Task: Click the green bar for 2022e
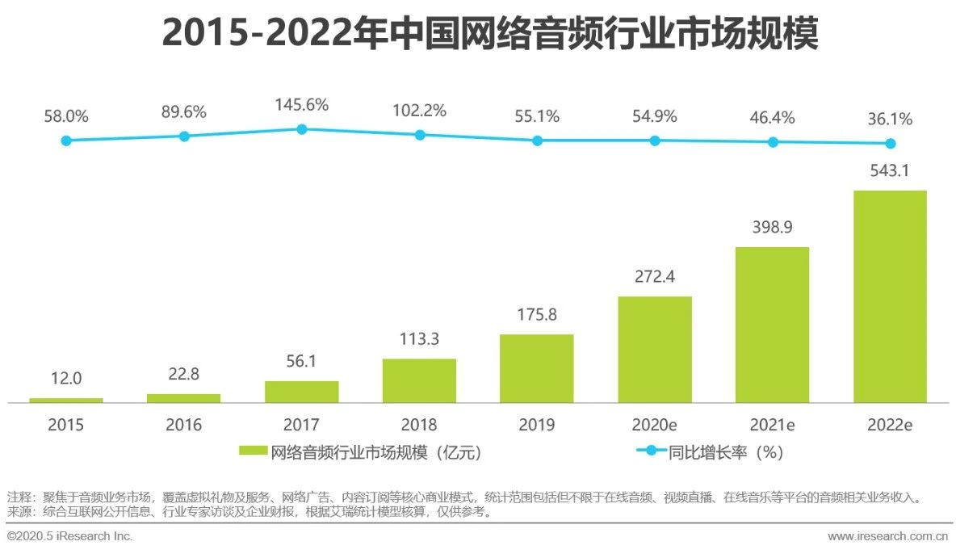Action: click(890, 296)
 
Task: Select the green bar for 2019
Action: click(536, 368)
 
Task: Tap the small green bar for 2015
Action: click(66, 400)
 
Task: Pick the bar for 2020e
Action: click(655, 349)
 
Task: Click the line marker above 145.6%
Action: click(302, 129)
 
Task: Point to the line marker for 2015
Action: click(66, 141)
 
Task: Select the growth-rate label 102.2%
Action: click(419, 111)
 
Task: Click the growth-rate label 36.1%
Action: click(890, 120)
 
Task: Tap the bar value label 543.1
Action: click(890, 171)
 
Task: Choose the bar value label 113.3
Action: click(419, 339)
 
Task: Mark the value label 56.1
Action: click(302, 362)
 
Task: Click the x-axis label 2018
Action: click(419, 425)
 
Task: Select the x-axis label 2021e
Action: click(773, 425)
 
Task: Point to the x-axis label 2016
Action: click(183, 425)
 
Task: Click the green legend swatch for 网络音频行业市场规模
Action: click(253, 452)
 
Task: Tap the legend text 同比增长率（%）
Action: click(726, 452)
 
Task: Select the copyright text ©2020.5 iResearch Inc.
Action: click(69, 536)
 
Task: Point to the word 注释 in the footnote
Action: click(17, 497)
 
